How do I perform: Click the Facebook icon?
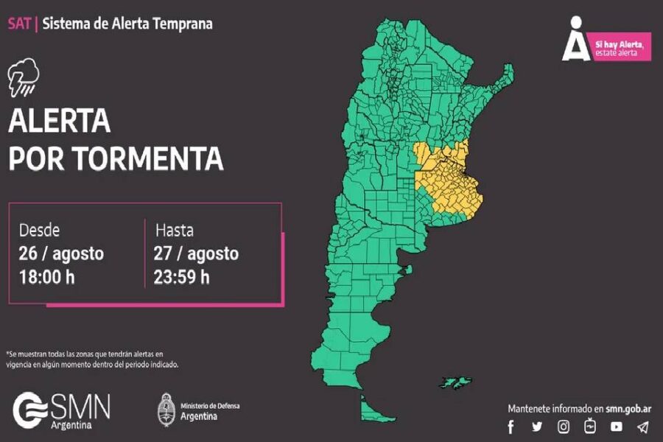(x=511, y=427)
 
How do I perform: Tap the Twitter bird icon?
(x=537, y=427)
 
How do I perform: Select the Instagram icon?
(x=564, y=427)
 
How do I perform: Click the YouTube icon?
(x=616, y=427)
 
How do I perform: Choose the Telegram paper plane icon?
(x=642, y=427)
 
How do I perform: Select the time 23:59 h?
(x=182, y=277)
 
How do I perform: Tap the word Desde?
(x=40, y=230)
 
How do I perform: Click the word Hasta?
(x=175, y=230)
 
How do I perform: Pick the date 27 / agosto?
(x=197, y=253)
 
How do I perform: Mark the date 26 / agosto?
(x=62, y=253)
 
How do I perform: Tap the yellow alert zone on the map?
(x=446, y=180)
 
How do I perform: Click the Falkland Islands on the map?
(x=455, y=382)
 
